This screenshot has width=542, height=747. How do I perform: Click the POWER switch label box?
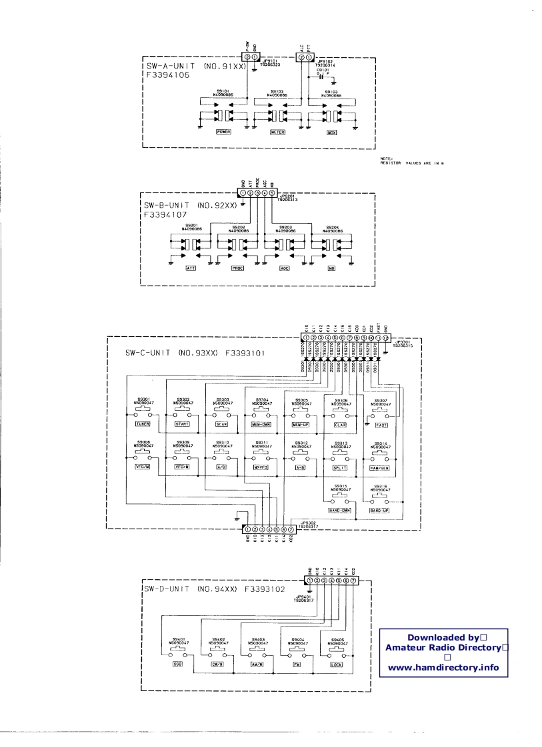pyautogui.click(x=224, y=132)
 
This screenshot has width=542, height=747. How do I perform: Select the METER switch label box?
pyautogui.click(x=278, y=132)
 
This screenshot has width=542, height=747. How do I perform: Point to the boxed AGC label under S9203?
pyautogui.click(x=279, y=268)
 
